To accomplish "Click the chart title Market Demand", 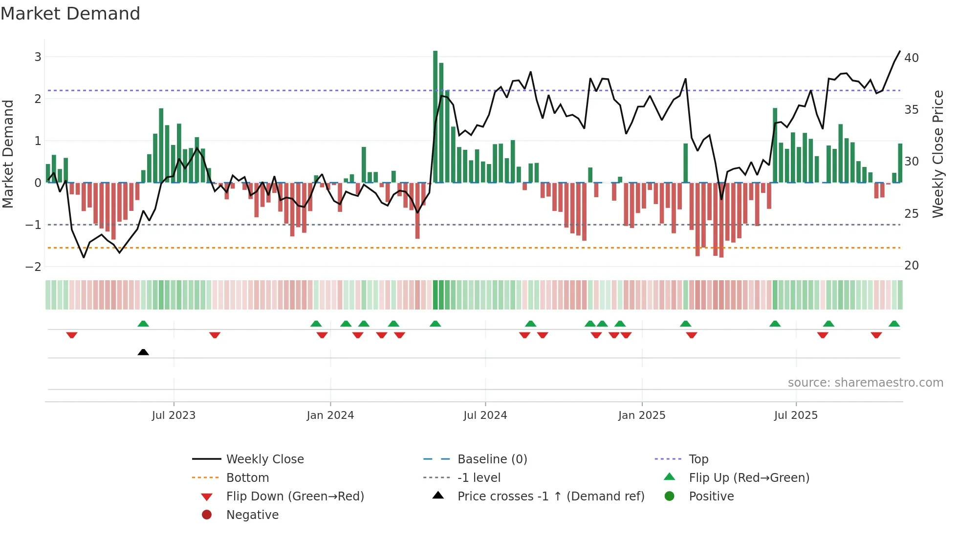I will (70, 14).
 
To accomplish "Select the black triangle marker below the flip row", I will (143, 352).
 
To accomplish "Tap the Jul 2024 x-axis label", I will (485, 415).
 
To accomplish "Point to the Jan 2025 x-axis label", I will (641, 415).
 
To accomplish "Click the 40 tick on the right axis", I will (911, 58).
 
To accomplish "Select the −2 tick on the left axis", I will (33, 267).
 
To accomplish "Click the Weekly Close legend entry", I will (264, 459).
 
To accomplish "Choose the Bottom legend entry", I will (247, 478).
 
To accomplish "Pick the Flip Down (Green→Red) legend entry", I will (295, 497).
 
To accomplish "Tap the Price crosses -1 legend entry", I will (550, 497).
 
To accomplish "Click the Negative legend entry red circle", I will (207, 515).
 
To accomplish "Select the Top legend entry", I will (698, 459).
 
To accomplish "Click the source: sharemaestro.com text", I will (865, 383).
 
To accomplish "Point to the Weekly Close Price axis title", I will (937, 154).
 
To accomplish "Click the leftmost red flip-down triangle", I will (72, 335).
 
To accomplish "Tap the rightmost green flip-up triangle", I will (894, 324).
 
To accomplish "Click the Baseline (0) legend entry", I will (492, 459).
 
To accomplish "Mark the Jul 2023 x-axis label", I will (174, 415).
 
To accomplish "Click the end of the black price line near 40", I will (899, 51).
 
